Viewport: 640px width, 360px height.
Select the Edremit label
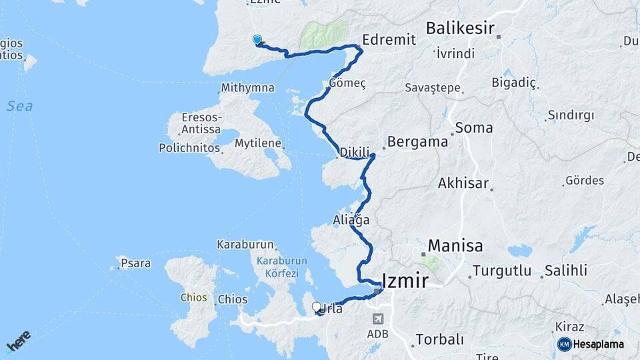[390, 39]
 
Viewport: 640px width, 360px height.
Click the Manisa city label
[455, 245]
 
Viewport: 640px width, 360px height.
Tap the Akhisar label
[463, 183]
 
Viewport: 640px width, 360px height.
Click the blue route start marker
[257, 40]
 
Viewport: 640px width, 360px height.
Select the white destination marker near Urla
[317, 307]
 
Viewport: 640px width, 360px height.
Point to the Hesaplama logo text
[599, 345]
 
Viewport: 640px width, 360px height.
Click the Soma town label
[474, 127]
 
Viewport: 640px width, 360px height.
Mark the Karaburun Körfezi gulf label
[282, 267]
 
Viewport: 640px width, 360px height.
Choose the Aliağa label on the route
[351, 219]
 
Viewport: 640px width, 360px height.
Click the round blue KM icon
[564, 345]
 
